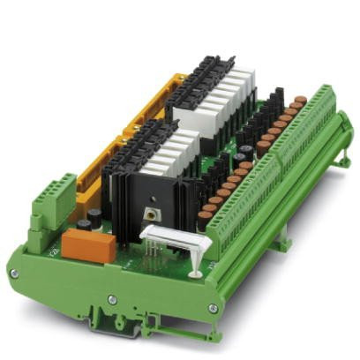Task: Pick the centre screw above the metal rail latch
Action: [112, 299]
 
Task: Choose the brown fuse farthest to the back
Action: [301, 101]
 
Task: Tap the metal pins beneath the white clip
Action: [157, 254]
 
